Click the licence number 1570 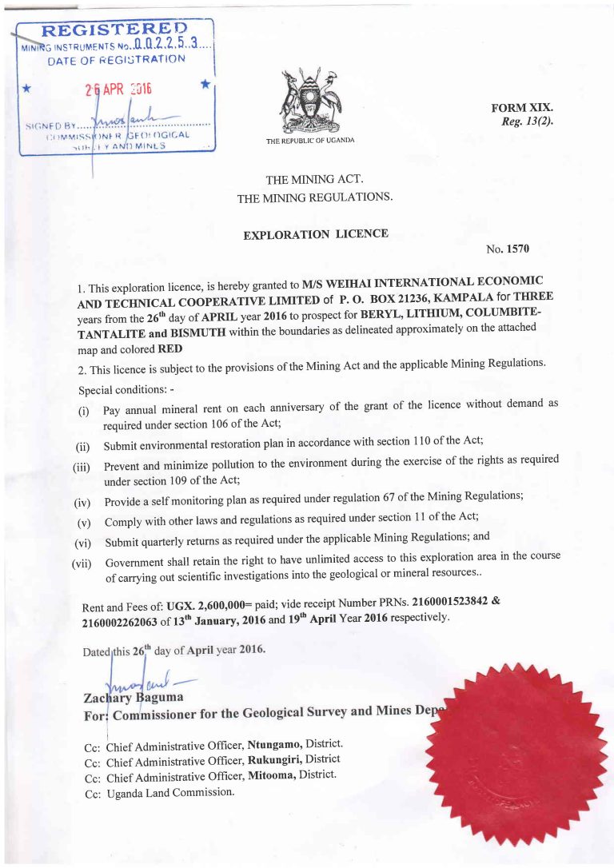tap(518, 249)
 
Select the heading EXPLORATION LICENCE tap(316, 234)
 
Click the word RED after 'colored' tap(170, 349)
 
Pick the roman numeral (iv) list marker tap(83, 504)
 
